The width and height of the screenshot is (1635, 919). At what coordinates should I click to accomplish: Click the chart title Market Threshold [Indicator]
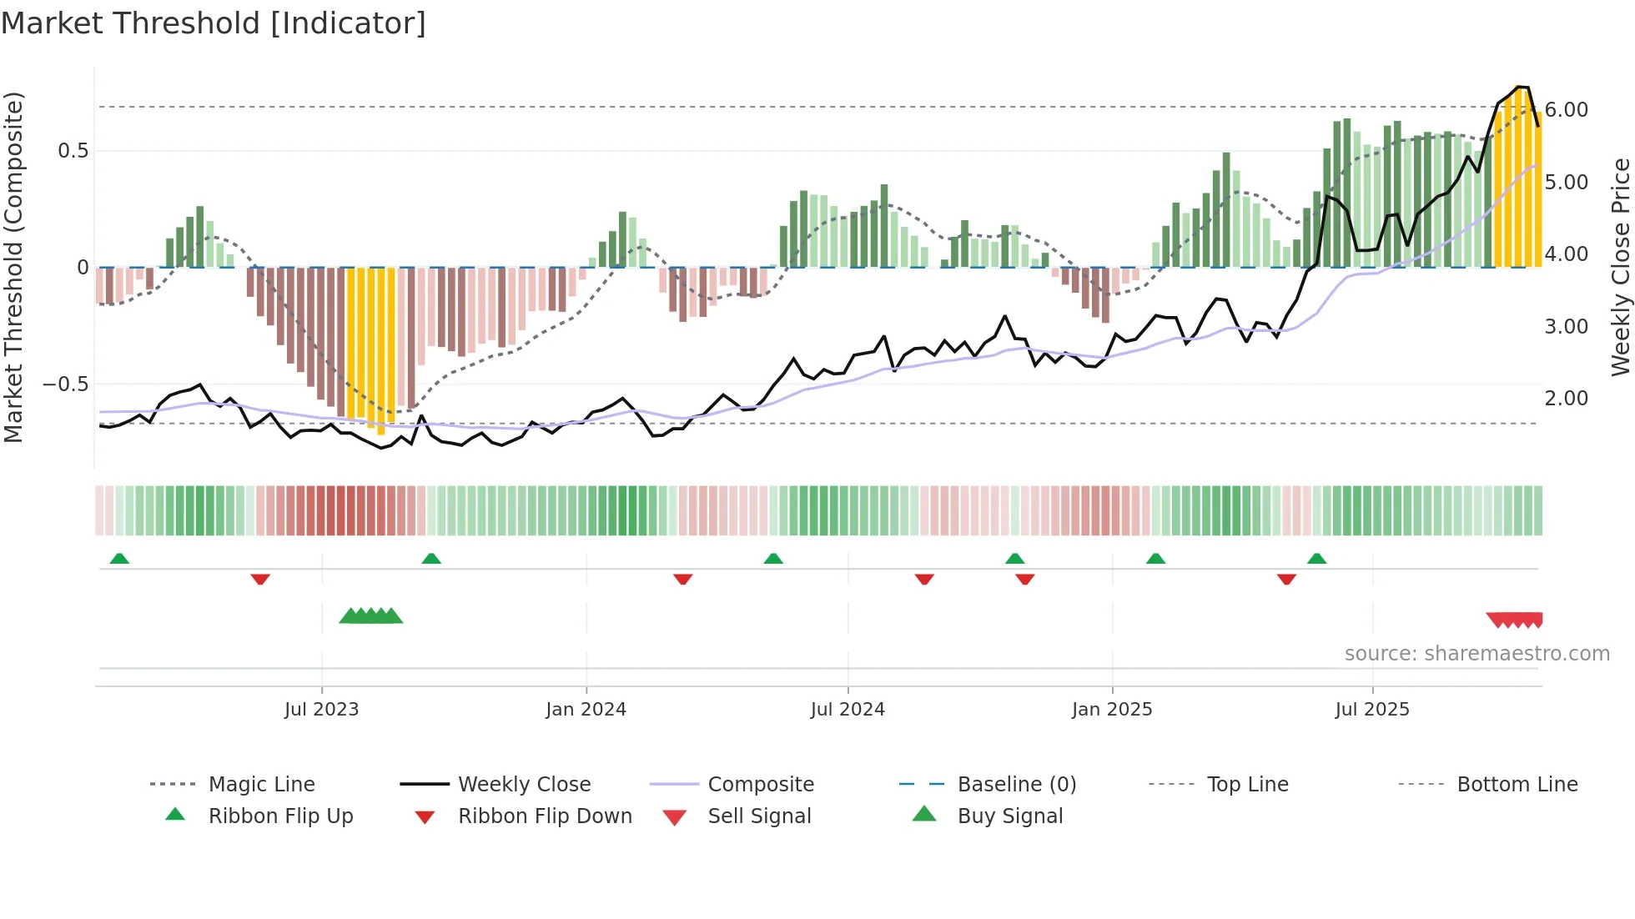pyautogui.click(x=214, y=23)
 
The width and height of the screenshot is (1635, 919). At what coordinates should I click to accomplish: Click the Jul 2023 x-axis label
pyautogui.click(x=321, y=710)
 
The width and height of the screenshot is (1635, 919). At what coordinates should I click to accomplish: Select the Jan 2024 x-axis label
pyautogui.click(x=586, y=710)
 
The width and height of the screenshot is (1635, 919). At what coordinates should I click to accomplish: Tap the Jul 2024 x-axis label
pyautogui.click(x=848, y=710)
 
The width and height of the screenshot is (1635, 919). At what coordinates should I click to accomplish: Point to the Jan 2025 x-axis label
pyautogui.click(x=1112, y=710)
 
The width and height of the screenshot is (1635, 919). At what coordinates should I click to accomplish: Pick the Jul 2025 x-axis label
pyautogui.click(x=1372, y=710)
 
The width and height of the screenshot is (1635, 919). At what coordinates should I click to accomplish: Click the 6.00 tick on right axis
pyautogui.click(x=1567, y=110)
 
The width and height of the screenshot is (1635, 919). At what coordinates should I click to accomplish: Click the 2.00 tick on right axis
pyautogui.click(x=1567, y=399)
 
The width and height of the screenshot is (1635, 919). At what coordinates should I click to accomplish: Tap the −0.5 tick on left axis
pyautogui.click(x=66, y=384)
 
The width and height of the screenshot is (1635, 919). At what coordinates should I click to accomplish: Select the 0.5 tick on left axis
pyautogui.click(x=73, y=151)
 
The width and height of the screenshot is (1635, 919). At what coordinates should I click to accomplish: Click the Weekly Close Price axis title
pyautogui.click(x=1620, y=267)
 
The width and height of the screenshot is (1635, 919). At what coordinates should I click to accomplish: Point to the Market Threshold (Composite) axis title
pyautogui.click(x=13, y=267)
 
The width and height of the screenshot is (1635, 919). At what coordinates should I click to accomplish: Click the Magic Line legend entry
pyautogui.click(x=261, y=785)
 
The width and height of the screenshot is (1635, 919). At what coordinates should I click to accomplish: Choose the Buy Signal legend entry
pyautogui.click(x=1009, y=816)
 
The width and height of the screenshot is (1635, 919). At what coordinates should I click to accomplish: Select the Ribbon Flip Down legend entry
pyautogui.click(x=545, y=816)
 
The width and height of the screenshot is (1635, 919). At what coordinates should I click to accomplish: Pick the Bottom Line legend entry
pyautogui.click(x=1517, y=785)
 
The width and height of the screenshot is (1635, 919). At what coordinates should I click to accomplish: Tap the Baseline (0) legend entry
pyautogui.click(x=1016, y=785)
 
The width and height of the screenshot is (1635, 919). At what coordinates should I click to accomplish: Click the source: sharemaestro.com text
pyautogui.click(x=1477, y=654)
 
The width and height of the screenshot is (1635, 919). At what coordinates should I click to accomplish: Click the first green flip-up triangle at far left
pyautogui.click(x=119, y=559)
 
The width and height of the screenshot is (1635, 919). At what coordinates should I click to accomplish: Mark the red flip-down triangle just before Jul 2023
pyautogui.click(x=260, y=579)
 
